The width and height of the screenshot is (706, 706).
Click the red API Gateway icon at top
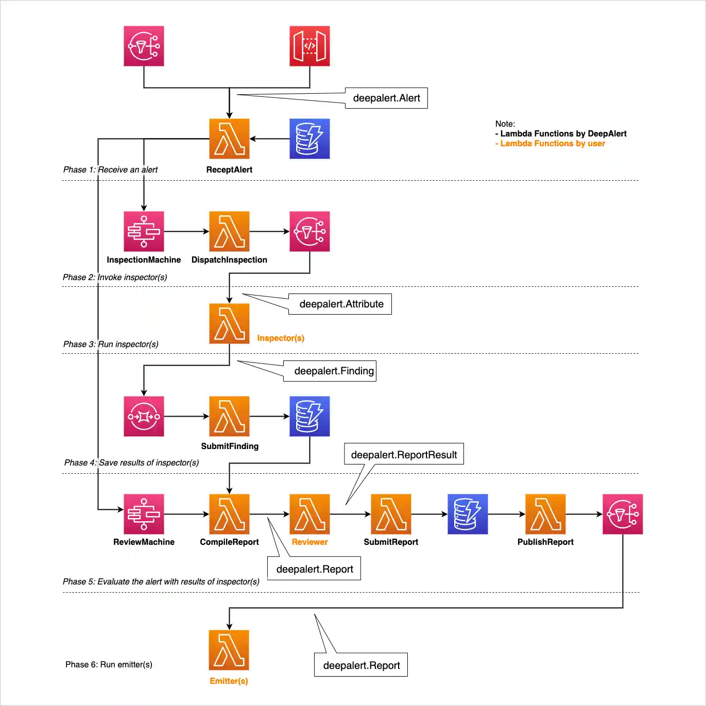point(309,46)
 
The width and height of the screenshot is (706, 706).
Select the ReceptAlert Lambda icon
point(229,139)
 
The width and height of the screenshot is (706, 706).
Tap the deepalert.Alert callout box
point(386,98)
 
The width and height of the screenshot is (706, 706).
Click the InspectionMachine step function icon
point(144,232)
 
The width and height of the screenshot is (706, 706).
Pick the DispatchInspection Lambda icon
point(229,232)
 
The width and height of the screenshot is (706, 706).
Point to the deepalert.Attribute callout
point(340,304)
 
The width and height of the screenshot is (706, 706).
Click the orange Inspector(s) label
point(281,338)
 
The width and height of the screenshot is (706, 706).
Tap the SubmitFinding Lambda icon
point(229,416)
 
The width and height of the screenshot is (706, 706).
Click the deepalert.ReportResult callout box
point(404,454)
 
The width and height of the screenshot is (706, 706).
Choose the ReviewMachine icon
point(144,514)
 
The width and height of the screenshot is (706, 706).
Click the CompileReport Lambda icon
point(229,514)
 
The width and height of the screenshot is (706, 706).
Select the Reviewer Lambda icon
point(309,514)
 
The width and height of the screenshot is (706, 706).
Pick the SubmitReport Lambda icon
point(391,514)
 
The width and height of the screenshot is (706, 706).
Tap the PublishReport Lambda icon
point(545,514)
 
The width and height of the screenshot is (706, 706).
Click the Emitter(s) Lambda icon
point(229,650)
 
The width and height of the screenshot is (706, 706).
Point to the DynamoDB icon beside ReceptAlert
point(309,139)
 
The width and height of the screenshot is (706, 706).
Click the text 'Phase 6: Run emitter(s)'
point(109,664)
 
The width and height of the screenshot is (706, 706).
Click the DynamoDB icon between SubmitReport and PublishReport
point(468,514)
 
